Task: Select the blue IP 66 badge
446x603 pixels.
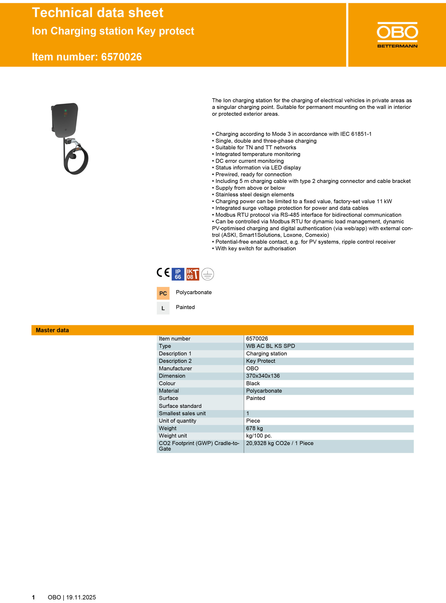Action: (178, 274)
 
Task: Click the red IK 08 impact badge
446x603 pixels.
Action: (193, 274)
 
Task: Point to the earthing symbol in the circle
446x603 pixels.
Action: (208, 274)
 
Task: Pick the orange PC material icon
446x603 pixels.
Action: (163, 293)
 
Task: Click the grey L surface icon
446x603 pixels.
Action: (163, 308)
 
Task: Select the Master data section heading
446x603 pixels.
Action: (52, 330)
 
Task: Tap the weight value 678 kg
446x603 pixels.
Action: (254, 428)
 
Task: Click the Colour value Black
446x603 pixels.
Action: (253, 383)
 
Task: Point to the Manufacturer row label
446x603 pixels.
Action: (175, 368)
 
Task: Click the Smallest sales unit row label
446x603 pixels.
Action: (182, 413)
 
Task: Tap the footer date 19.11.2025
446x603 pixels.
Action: (81, 597)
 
